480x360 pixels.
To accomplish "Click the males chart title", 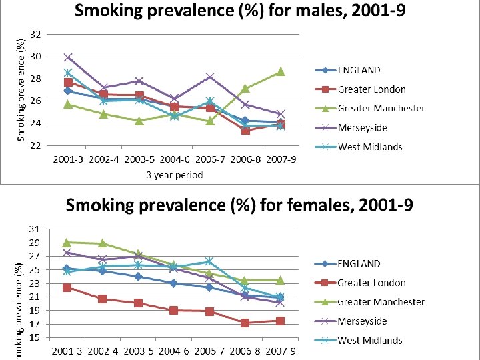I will coord(239,11).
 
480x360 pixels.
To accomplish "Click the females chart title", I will coord(239,205).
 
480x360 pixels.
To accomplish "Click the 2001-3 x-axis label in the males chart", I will coord(68,160).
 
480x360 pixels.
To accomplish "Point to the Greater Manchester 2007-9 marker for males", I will coord(280,71).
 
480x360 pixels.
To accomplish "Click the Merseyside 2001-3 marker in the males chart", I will coord(68,57).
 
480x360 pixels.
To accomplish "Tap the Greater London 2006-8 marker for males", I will coord(245,130).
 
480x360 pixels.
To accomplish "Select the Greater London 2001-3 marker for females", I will coord(67,287).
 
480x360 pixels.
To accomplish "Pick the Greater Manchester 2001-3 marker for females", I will coord(67,242).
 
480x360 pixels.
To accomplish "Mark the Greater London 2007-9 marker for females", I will coord(280,321).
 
